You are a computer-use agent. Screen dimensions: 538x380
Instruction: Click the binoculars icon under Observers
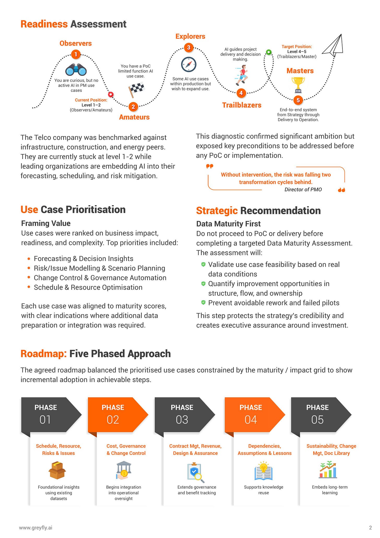76,70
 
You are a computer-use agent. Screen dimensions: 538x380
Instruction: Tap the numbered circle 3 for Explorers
188,48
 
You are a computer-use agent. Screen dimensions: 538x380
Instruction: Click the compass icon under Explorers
188,64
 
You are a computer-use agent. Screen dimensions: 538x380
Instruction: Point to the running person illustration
242,75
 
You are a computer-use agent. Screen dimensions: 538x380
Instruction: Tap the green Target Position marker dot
269,52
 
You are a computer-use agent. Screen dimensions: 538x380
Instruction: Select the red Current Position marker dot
111,94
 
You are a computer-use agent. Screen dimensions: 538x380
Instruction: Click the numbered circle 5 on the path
298,100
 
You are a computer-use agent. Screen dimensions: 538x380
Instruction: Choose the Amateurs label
134,117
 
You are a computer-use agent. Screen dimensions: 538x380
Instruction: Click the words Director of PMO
303,190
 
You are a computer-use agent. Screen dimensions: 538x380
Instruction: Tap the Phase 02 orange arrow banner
117,415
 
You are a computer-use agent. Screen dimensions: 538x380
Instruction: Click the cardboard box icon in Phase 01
57,470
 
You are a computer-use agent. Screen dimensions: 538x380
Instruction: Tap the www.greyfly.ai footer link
35,528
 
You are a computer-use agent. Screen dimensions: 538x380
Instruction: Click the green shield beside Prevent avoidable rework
203,302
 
